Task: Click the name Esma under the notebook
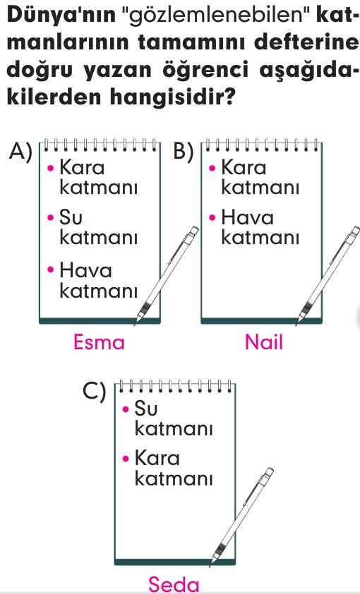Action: click(99, 341)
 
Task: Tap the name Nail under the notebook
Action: click(264, 341)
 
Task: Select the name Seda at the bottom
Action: click(174, 584)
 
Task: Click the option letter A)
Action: click(20, 152)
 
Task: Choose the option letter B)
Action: click(184, 152)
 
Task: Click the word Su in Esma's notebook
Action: click(71, 217)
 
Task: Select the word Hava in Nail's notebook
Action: click(247, 217)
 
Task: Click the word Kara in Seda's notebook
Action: click(157, 458)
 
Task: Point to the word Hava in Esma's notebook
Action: click(85, 270)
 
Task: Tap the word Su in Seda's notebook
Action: click(145, 408)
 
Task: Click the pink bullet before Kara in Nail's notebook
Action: click(212, 167)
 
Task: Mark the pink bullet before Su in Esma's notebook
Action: click(50, 217)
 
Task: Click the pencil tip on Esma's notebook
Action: click(136, 324)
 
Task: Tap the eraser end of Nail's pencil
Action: click(355, 230)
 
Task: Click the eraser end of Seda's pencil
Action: click(269, 472)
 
